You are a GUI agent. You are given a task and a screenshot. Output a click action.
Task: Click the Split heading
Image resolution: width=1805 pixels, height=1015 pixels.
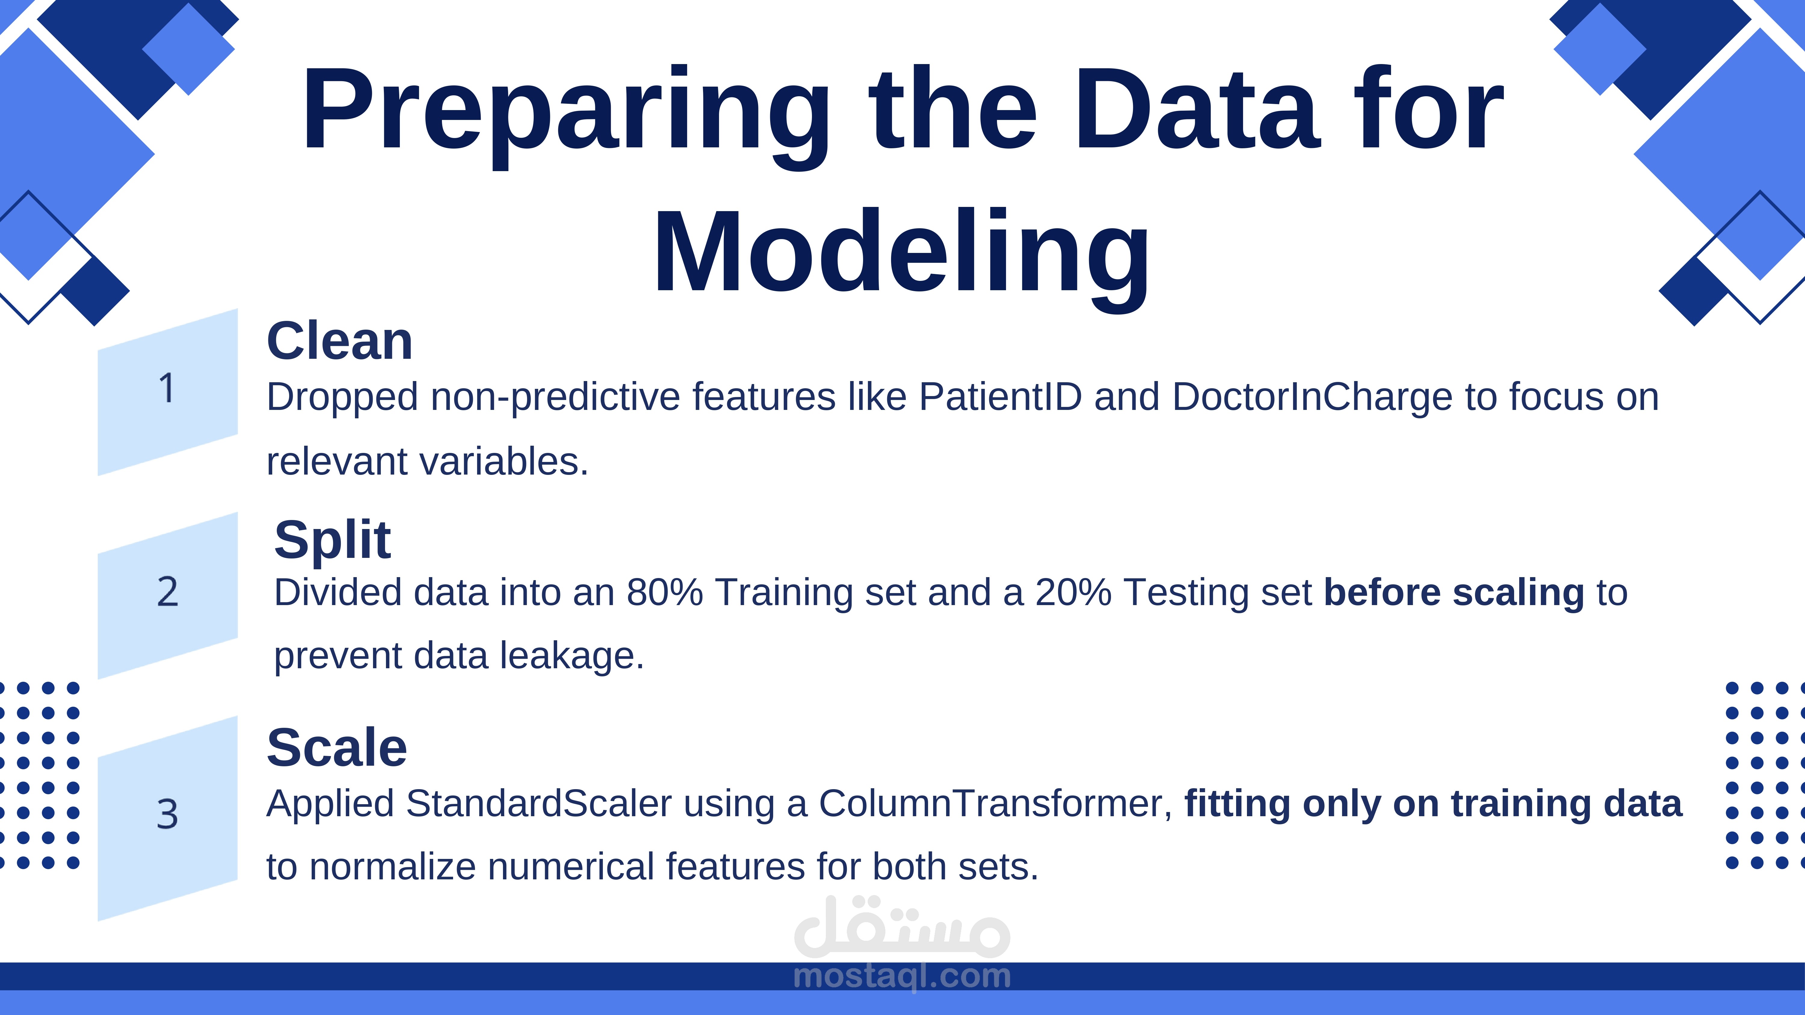tap(332, 540)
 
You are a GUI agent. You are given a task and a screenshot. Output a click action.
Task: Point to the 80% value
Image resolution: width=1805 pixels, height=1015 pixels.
tap(664, 592)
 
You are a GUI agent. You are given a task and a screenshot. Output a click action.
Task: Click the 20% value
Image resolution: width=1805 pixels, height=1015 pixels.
tap(1073, 592)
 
